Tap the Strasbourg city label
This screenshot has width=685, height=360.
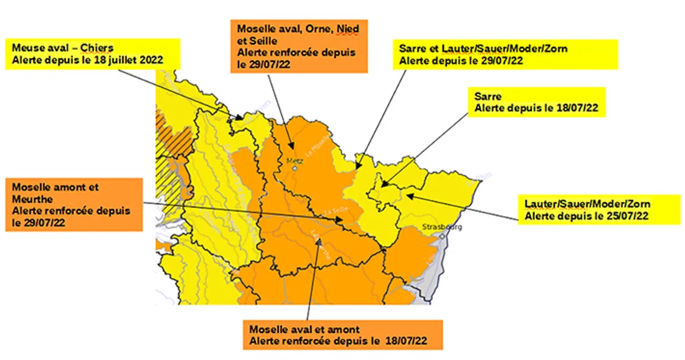pos(442,227)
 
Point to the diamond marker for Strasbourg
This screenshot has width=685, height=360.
pos(442,237)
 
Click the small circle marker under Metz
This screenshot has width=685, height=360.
pos(295,168)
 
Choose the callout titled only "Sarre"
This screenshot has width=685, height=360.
pos(536,102)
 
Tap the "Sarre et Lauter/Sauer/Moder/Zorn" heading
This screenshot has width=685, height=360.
pos(483,48)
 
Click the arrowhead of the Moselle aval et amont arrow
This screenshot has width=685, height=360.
pos(319,241)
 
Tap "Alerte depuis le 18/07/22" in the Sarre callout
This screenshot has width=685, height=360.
pos(536,108)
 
